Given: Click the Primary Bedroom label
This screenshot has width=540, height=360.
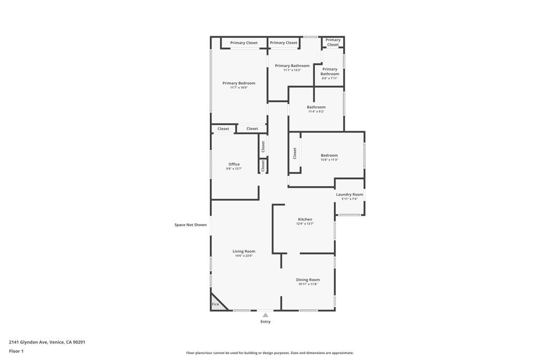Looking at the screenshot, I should (x=239, y=83).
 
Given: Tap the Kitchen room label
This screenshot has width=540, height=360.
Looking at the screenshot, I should (x=305, y=219).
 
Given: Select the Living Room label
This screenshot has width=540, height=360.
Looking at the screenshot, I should (x=244, y=251).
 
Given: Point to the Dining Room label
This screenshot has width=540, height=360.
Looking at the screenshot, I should (x=307, y=280).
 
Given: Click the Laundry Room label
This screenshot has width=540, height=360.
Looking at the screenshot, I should (x=350, y=194).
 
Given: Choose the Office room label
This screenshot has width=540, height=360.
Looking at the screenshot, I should (x=234, y=164).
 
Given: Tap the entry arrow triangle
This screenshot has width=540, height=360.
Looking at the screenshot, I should (x=265, y=315).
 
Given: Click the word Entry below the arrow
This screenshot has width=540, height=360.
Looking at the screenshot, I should (x=265, y=322).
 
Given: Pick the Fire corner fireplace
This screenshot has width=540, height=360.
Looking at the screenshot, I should (x=216, y=303).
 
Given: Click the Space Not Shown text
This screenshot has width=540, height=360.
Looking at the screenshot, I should (x=190, y=225).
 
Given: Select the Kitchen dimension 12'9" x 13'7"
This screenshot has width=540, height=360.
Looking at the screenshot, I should (x=305, y=224).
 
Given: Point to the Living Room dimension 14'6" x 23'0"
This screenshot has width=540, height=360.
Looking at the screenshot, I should (x=244, y=256).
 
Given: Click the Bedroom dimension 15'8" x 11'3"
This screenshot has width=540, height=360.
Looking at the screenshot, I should (x=329, y=160).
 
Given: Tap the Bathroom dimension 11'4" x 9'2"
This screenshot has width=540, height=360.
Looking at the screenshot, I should (x=316, y=112).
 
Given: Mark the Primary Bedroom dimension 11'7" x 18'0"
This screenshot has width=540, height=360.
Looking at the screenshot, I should (x=239, y=87).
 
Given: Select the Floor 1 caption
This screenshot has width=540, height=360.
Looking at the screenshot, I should (x=16, y=351).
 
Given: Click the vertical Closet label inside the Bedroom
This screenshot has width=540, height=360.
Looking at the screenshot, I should (x=295, y=153).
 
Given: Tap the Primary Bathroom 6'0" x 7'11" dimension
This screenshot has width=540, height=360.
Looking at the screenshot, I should (x=330, y=79).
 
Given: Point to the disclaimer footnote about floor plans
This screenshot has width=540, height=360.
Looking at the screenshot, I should (x=269, y=353).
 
